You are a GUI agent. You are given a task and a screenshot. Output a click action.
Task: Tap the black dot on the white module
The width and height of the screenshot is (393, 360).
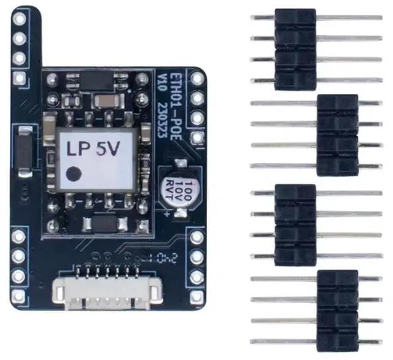tap(74, 174)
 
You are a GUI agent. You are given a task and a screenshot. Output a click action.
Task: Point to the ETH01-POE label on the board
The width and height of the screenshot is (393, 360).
tap(173, 101)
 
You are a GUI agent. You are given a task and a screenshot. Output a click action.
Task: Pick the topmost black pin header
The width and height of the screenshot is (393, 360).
tap(295, 48)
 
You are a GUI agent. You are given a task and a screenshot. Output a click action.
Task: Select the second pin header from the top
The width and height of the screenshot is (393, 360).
tap(337, 134)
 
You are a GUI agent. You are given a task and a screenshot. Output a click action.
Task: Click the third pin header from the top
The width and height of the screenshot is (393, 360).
tap(295, 224)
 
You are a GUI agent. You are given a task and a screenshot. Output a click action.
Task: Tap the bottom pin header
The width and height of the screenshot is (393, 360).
tap(337, 310)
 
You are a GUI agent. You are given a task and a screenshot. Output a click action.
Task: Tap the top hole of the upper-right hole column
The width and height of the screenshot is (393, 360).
tap(197, 78)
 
